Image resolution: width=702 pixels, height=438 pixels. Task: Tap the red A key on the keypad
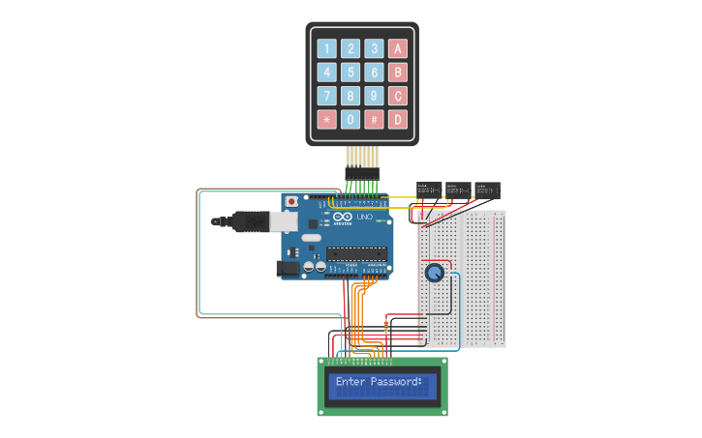(397, 48)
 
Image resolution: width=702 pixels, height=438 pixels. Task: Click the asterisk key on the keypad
(326, 119)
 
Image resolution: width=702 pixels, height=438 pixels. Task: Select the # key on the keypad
(374, 119)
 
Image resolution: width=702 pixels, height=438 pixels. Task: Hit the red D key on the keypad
(397, 119)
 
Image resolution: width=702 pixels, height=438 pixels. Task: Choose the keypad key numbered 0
(351, 119)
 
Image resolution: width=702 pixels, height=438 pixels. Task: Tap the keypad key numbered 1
(326, 48)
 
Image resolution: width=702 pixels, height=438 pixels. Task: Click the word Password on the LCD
(393, 382)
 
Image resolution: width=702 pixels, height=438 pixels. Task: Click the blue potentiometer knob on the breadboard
(435, 274)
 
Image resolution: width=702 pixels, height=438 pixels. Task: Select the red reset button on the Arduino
(291, 201)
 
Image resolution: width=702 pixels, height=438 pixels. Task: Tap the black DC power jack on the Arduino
(288, 269)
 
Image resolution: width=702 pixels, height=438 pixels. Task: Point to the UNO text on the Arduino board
(365, 218)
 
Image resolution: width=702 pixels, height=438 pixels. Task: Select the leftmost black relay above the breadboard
(429, 189)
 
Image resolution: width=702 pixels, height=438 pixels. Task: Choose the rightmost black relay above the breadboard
(487, 189)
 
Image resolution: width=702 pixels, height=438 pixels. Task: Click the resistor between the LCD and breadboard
(388, 326)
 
